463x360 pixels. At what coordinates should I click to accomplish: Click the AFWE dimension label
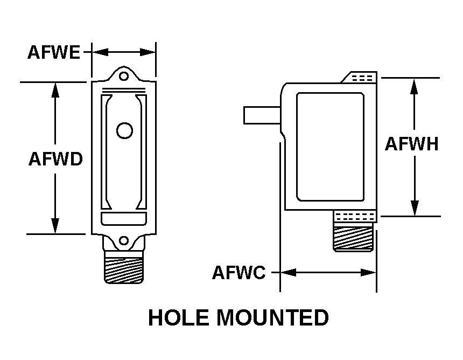(x=53, y=52)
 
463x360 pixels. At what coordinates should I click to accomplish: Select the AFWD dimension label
(x=55, y=160)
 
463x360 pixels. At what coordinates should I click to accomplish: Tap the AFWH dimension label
(x=412, y=144)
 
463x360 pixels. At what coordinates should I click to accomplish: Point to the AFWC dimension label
(x=238, y=273)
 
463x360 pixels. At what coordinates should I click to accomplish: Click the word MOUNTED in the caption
(x=273, y=318)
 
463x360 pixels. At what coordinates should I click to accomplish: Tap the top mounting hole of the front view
(x=124, y=76)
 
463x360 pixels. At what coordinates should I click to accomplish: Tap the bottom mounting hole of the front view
(x=124, y=241)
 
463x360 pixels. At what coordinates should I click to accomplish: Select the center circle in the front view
(x=124, y=130)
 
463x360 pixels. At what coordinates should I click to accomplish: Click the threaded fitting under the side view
(x=353, y=238)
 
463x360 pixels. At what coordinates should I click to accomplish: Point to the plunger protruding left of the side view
(x=261, y=115)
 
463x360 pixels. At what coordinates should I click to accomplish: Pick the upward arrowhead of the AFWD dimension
(x=55, y=89)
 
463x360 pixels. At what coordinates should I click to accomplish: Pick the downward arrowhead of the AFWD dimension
(x=55, y=226)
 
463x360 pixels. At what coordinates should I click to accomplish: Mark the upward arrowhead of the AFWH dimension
(x=414, y=86)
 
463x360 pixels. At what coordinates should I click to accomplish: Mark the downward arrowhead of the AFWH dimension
(x=414, y=208)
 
